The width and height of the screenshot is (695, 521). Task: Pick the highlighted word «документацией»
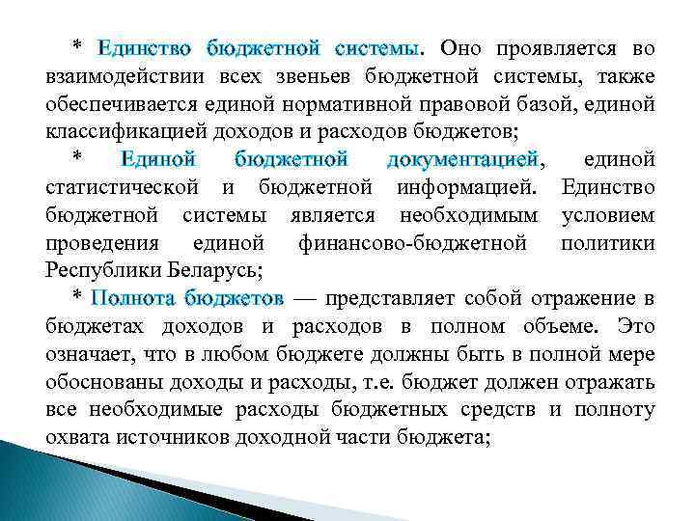pyautogui.click(x=461, y=157)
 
